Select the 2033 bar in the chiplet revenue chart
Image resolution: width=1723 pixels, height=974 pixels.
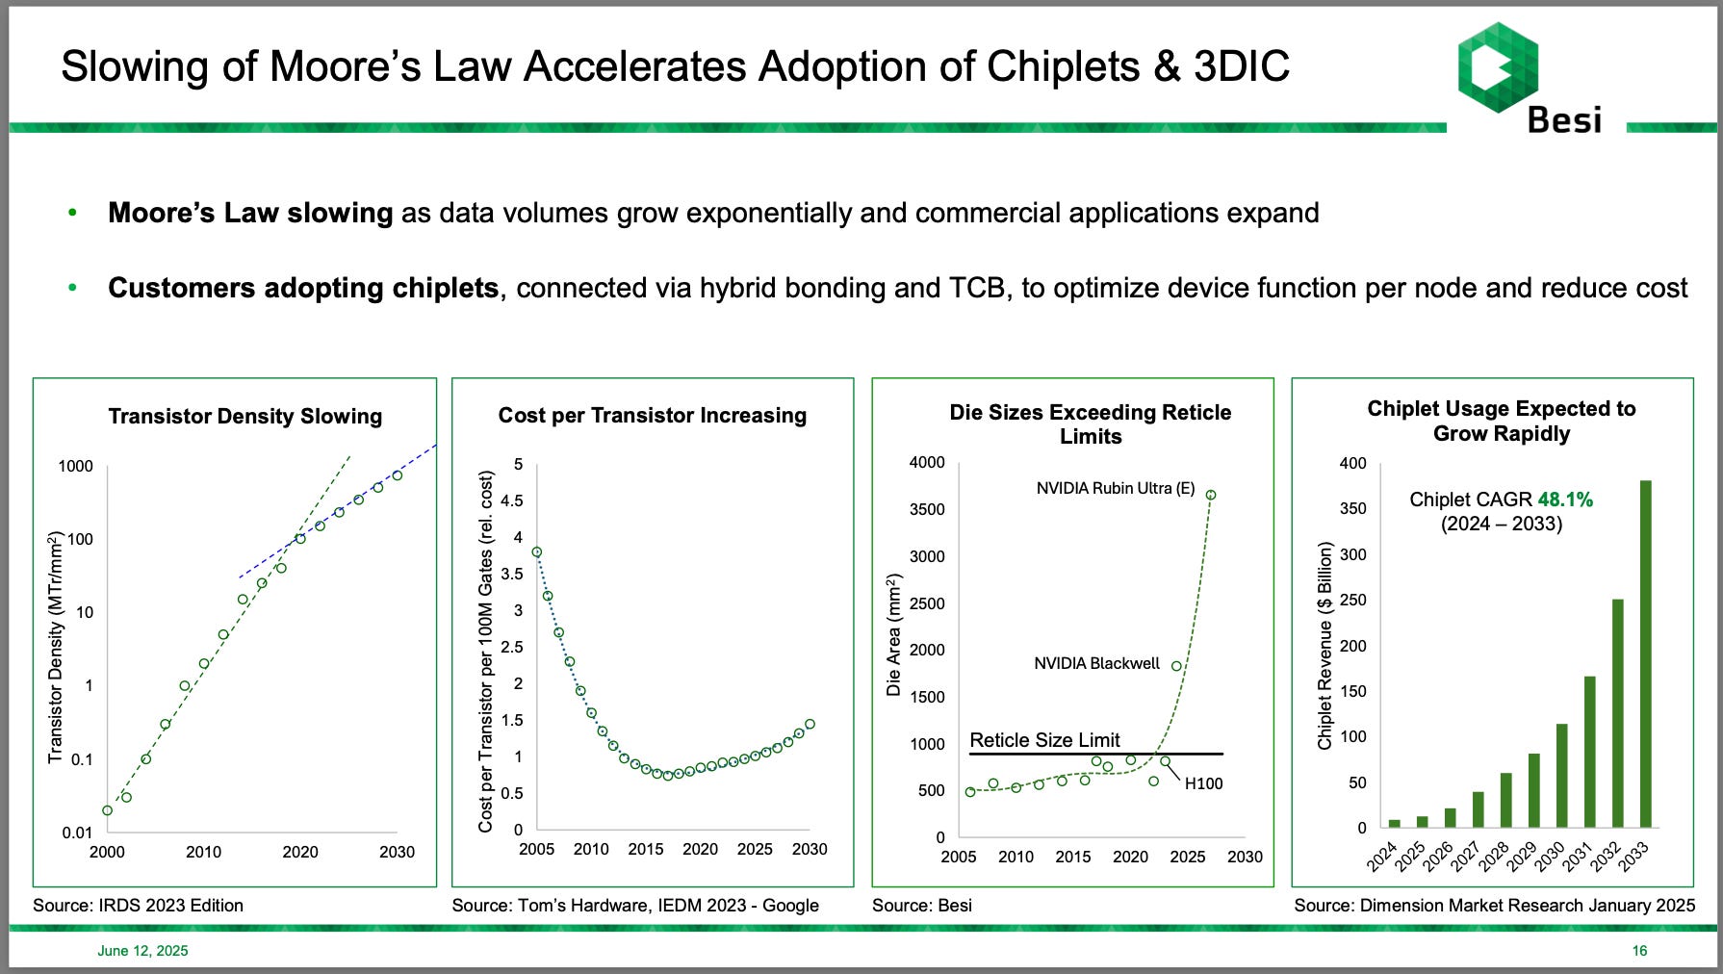tap(1646, 654)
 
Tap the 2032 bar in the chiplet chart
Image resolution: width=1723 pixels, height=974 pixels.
tap(1618, 713)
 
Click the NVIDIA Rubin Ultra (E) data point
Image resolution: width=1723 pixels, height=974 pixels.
tap(1211, 495)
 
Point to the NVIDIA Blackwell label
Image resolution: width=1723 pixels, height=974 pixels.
tap(1096, 663)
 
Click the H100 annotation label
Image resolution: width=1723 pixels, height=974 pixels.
tap(1203, 783)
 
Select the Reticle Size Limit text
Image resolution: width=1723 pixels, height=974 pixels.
tap(1044, 740)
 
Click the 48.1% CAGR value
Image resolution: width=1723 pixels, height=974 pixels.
tap(1565, 500)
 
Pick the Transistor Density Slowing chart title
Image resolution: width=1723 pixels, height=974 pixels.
tap(244, 416)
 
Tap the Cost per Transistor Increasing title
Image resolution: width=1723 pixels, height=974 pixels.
tap(652, 415)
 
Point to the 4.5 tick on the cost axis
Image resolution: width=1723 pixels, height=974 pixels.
tap(512, 500)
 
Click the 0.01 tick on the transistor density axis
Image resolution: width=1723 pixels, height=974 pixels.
tap(77, 833)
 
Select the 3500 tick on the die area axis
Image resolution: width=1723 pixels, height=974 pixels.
tap(927, 509)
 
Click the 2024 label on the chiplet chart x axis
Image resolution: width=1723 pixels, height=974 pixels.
tap(1381, 856)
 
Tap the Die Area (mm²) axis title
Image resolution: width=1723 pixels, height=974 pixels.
tap(894, 634)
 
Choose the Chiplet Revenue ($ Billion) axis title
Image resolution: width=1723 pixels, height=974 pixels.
tap(1325, 646)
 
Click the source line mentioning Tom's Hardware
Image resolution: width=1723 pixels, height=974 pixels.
tap(635, 905)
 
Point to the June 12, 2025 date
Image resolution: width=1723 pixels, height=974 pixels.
tap(142, 951)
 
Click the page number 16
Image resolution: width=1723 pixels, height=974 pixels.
tap(1639, 951)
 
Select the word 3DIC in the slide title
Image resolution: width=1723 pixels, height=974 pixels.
tap(1241, 66)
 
